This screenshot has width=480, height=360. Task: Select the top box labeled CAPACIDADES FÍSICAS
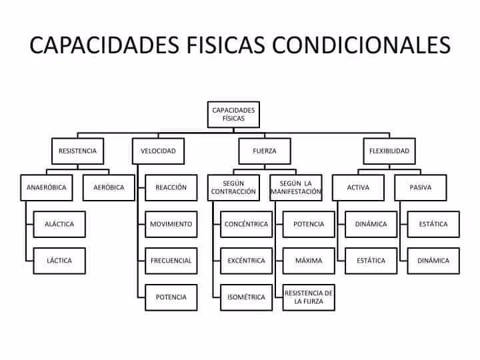tap(233, 114)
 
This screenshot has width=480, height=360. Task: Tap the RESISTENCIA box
tap(77, 151)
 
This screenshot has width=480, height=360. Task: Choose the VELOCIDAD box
tap(158, 151)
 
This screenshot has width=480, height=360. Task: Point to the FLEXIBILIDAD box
tap(389, 151)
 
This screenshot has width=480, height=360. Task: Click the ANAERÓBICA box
tap(47, 187)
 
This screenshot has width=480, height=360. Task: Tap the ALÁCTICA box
tap(59, 224)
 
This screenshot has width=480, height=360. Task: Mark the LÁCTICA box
tap(59, 261)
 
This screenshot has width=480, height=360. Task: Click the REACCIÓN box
tap(171, 187)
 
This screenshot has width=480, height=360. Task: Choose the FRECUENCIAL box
tap(171, 261)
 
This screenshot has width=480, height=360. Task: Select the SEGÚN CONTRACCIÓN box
tap(233, 187)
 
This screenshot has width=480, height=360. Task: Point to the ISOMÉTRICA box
tap(247, 297)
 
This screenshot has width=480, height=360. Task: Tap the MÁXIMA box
tap(309, 261)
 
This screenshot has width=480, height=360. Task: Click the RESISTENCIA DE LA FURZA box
tap(309, 297)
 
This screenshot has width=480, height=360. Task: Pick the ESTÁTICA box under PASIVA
tap(433, 224)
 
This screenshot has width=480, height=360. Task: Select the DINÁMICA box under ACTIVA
tap(371, 224)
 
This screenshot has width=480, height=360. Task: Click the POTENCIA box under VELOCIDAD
tap(171, 297)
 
